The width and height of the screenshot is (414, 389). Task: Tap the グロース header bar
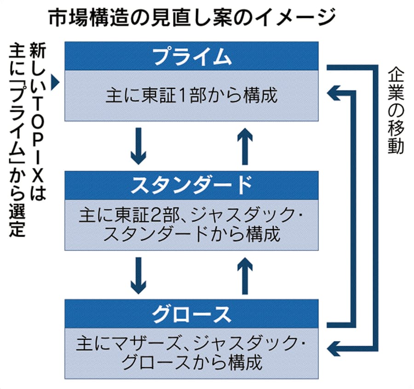(191, 314)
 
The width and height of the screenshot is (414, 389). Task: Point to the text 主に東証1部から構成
(191, 96)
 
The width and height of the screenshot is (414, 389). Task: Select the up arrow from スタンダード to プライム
(245, 146)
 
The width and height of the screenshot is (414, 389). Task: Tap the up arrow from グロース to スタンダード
(245, 276)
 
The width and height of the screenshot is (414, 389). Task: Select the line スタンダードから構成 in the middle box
(191, 234)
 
